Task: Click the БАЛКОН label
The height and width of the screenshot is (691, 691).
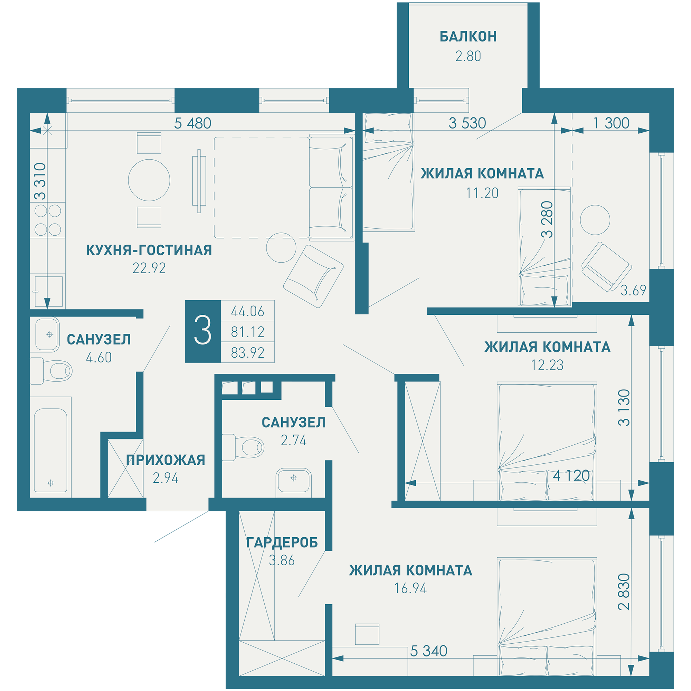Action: (468, 37)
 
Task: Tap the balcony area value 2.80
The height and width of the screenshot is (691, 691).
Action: (468, 57)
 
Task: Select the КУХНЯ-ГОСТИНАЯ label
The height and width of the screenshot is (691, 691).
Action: (149, 250)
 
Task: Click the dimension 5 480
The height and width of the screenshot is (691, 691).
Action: (192, 123)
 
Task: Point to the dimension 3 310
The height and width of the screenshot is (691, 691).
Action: (40, 181)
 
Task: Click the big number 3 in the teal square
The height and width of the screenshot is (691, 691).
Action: (203, 331)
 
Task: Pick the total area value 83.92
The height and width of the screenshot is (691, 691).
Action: (247, 353)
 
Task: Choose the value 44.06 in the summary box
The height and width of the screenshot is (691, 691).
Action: (247, 312)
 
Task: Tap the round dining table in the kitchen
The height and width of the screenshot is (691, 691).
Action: (149, 180)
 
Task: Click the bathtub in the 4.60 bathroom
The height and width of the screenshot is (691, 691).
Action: (50, 450)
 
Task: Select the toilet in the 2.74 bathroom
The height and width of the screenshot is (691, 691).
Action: (243, 447)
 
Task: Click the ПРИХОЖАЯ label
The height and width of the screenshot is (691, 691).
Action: (165, 460)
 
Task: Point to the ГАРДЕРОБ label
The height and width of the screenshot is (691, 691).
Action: (282, 542)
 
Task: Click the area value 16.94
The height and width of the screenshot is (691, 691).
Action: (410, 588)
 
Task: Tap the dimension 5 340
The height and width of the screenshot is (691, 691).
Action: (428, 651)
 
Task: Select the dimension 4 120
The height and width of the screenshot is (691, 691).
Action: (571, 476)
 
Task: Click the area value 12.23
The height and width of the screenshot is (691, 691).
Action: (547, 365)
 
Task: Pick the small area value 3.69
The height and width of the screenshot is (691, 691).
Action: (633, 291)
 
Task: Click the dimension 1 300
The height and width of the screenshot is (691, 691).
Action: (611, 123)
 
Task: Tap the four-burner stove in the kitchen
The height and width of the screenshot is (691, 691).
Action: (48, 220)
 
